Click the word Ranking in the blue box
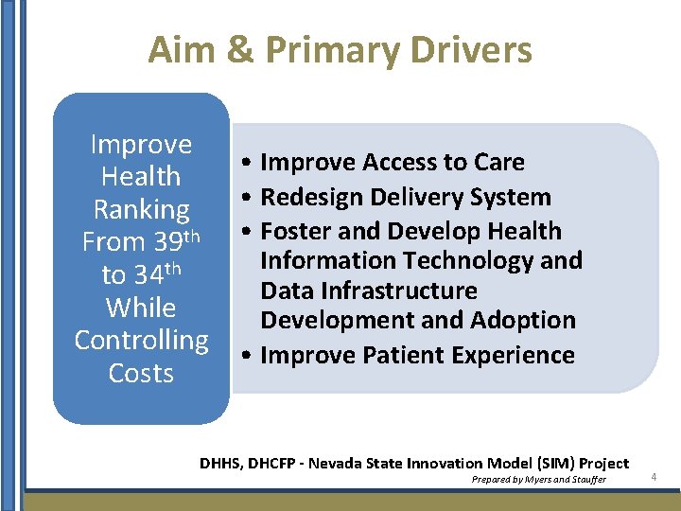tap(141, 209)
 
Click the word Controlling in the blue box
tap(141, 340)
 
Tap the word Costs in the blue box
tap(141, 373)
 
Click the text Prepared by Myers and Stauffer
tap(539, 480)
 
